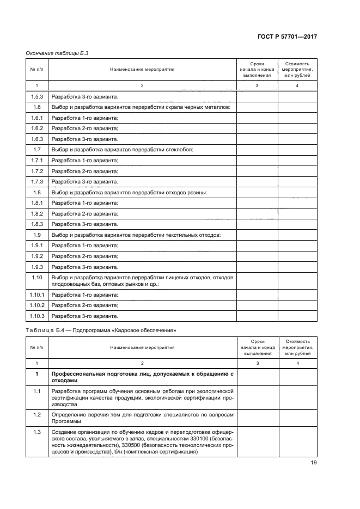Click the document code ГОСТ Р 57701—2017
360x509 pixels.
point(287,36)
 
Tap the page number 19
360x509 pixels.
point(313,463)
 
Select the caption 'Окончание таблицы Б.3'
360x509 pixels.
point(57,53)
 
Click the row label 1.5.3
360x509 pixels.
point(36,97)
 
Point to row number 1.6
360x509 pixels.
point(36,107)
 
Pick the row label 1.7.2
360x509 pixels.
point(36,171)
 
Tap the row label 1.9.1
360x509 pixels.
point(36,246)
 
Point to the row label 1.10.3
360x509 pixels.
point(36,316)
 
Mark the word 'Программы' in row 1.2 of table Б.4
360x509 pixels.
point(65,421)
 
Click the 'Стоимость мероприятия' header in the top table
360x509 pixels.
point(297,69)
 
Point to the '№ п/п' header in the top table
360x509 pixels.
point(36,70)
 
